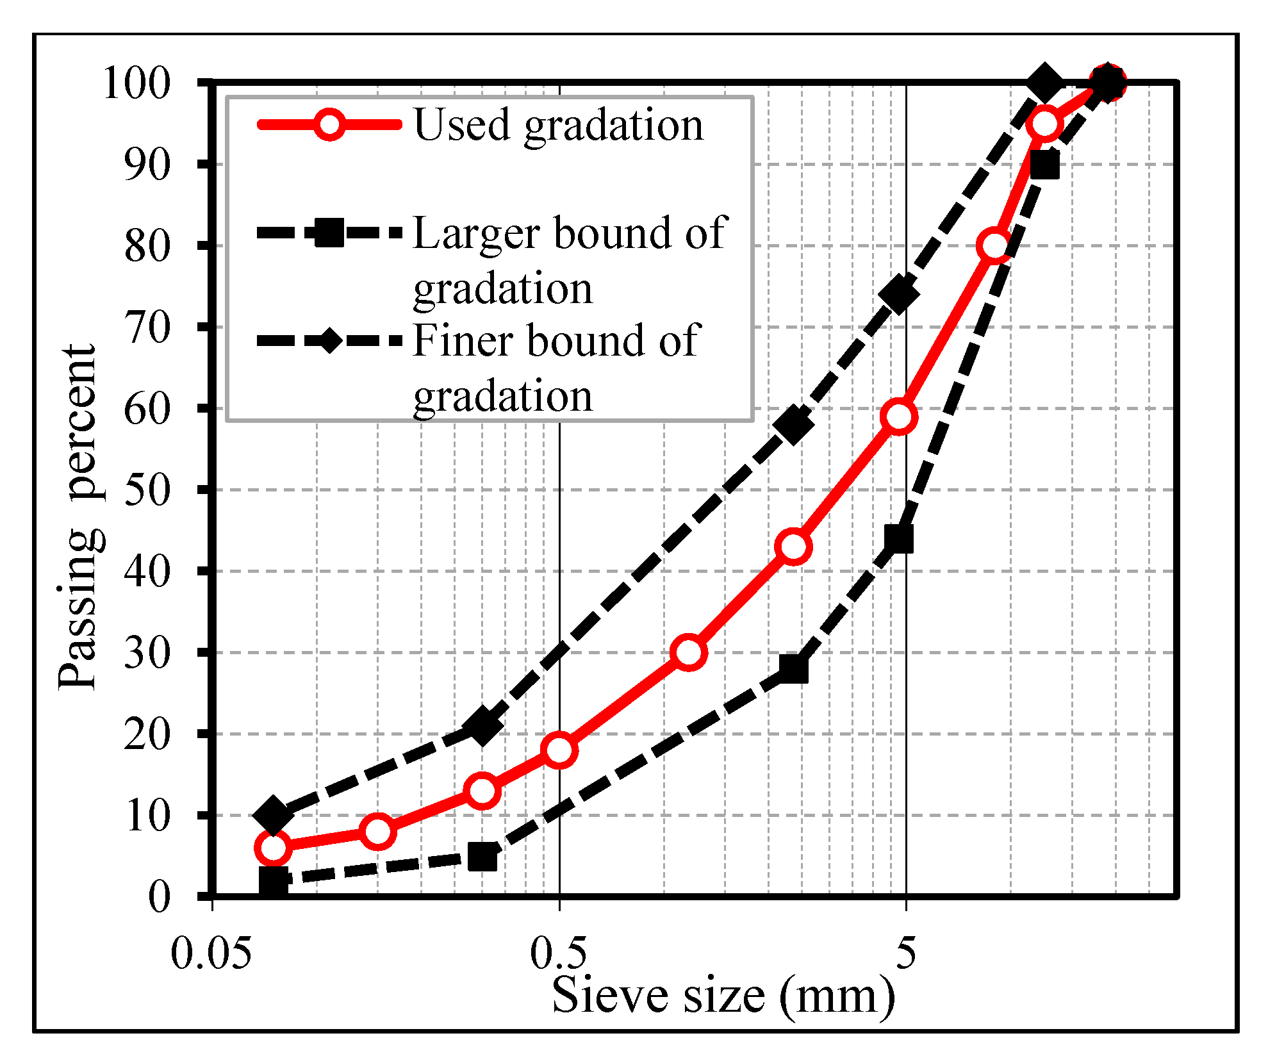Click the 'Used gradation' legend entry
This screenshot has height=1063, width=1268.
coord(557,124)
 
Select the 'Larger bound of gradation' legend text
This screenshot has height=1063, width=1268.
coord(570,260)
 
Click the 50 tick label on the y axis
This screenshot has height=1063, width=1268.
coord(147,491)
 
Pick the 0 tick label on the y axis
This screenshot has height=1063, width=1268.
coord(159,896)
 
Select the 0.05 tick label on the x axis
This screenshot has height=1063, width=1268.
coord(211,953)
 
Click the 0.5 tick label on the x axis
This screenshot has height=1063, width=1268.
coord(558,953)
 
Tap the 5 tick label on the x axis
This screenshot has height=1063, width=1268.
coord(905,953)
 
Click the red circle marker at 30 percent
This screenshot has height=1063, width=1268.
coord(689,652)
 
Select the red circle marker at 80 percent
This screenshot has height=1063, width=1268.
coord(994,245)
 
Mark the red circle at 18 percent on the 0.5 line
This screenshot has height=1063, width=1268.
coord(559,750)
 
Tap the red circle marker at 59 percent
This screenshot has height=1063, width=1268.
coord(899,416)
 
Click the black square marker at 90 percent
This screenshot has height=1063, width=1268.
coord(1044,165)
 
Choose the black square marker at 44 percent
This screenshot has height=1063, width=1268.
coord(898,539)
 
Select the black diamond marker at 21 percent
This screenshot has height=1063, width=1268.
coord(482,725)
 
